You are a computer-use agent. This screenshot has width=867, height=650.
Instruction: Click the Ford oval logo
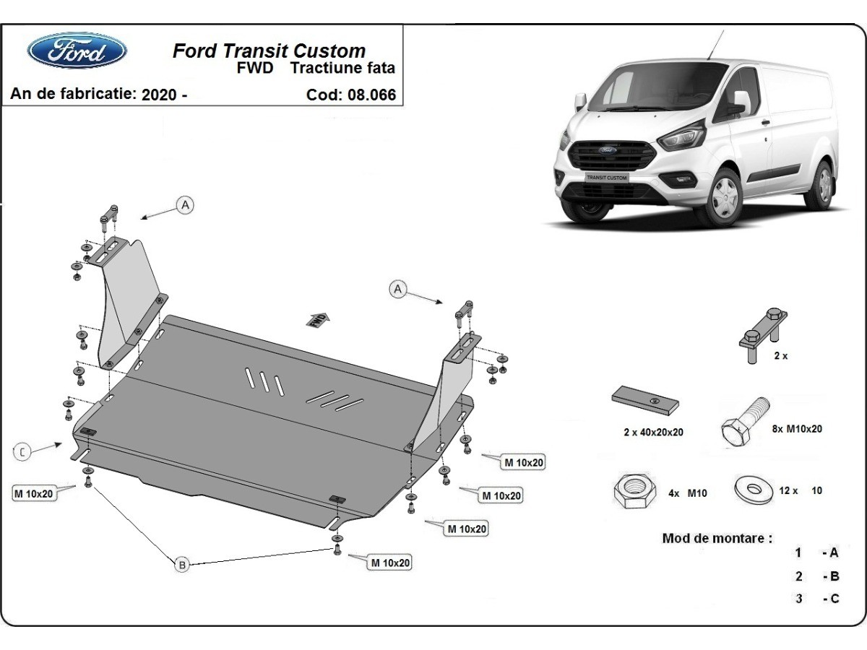(77, 51)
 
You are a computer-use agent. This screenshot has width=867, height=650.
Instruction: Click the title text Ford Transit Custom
(269, 51)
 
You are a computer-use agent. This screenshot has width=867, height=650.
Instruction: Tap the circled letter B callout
(182, 564)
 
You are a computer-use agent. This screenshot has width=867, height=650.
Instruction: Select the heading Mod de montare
(717, 538)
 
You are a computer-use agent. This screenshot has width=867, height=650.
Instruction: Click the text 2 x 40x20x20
(653, 433)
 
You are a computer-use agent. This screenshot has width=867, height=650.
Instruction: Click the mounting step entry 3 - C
(816, 599)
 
